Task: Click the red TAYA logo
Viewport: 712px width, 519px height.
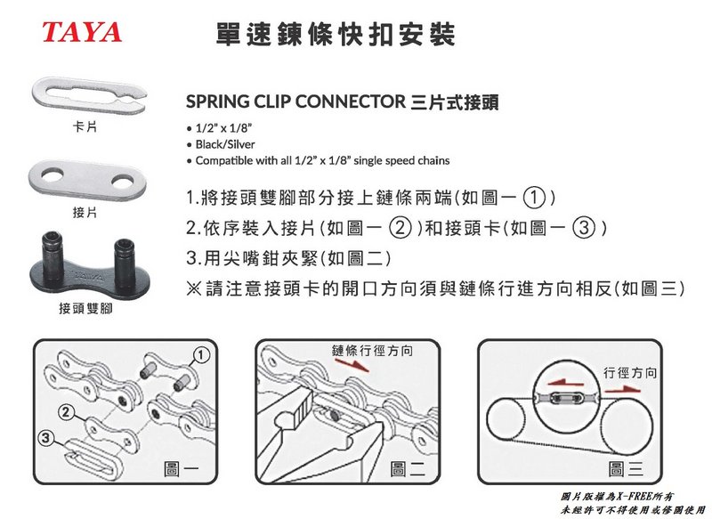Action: click(82, 32)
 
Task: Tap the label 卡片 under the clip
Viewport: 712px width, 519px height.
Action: click(85, 126)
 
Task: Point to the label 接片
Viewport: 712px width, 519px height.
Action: click(85, 212)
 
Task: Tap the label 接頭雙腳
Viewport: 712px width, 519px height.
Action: click(85, 309)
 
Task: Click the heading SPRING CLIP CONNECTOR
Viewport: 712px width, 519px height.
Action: click(295, 101)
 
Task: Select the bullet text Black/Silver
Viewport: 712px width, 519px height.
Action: click(225, 144)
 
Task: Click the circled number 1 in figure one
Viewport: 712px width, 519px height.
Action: click(202, 354)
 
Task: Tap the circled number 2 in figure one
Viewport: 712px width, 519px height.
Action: click(65, 412)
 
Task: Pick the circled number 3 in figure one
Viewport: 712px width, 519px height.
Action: click(45, 438)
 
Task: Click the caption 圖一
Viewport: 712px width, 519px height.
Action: click(181, 469)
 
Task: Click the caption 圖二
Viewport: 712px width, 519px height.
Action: click(408, 469)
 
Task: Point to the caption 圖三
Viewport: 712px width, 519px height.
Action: click(626, 469)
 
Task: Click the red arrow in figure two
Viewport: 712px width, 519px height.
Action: click(352, 365)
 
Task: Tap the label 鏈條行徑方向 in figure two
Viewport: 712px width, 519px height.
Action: click(372, 351)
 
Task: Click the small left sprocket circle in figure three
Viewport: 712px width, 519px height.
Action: click(505, 418)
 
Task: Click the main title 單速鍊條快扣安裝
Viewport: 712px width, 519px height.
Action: click(336, 34)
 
